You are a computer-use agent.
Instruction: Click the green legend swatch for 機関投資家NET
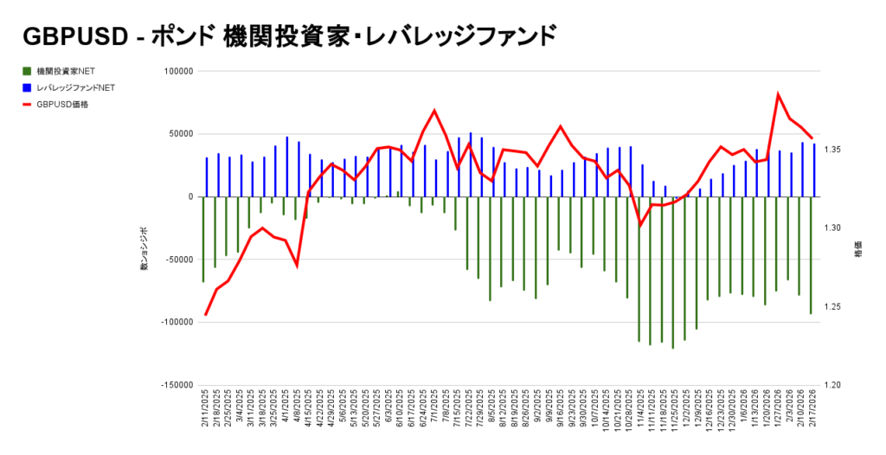(28, 71)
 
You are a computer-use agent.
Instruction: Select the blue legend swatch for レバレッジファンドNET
(28, 87)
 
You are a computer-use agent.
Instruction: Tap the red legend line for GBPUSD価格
(28, 104)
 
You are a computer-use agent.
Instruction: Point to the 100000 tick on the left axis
(177, 71)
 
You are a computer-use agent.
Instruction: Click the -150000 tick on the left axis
(174, 384)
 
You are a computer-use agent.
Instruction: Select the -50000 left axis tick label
(176, 260)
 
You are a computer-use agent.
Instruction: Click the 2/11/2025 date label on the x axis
(206, 413)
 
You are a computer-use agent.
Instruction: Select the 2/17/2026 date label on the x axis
(813, 413)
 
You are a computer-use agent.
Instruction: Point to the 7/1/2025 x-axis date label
(434, 413)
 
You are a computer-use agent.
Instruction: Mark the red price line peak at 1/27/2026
(778, 93)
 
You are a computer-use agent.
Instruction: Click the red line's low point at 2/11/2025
(206, 315)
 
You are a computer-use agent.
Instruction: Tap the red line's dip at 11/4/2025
(640, 225)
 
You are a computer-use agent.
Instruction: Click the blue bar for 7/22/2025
(471, 164)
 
